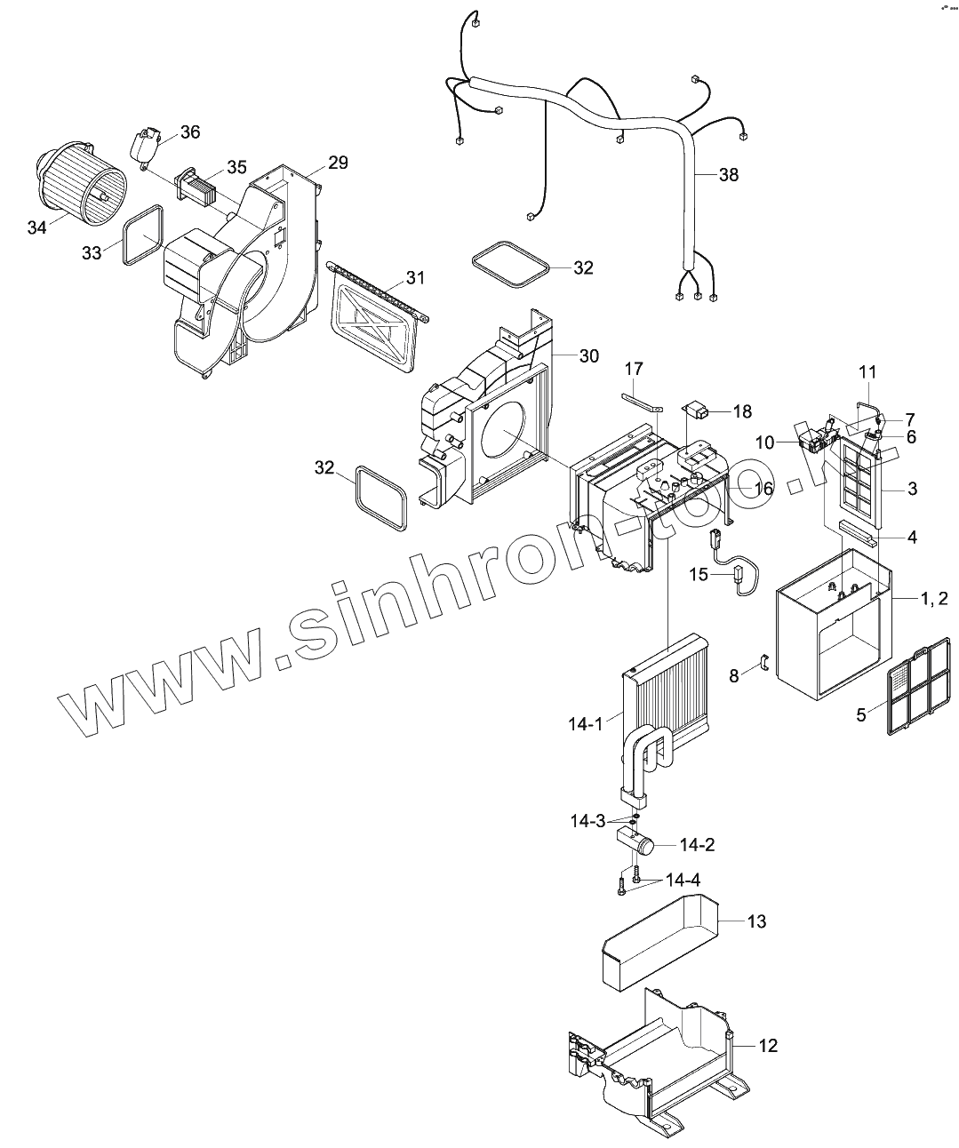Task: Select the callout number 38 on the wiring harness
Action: tap(728, 175)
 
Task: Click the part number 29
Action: tap(338, 163)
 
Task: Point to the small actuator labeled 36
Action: tap(148, 144)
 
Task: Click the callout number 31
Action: tap(416, 278)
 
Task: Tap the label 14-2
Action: tap(697, 844)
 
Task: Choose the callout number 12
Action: tap(767, 1046)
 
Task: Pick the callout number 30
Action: tap(588, 355)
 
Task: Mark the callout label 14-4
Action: tap(683, 881)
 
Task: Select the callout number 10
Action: tap(766, 441)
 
